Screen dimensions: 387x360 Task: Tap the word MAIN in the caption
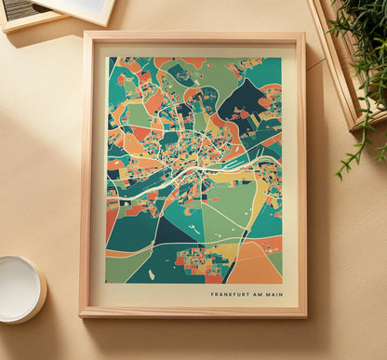[x=272, y=295]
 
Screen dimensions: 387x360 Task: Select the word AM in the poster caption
[x=255, y=295]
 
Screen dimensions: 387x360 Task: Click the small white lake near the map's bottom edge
[x=151, y=274]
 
